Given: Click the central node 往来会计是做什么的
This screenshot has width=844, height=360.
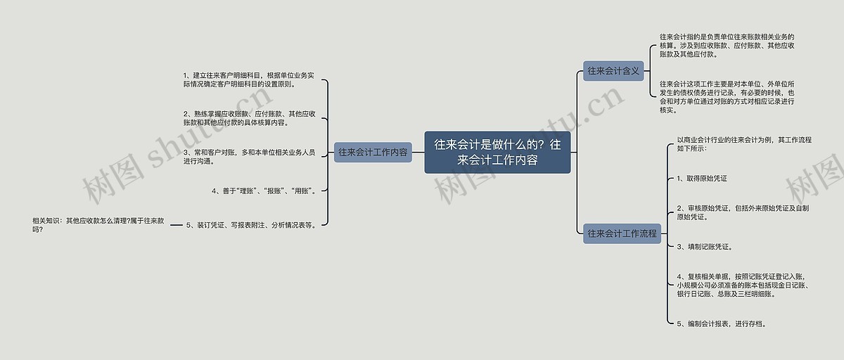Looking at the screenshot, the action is [x=497, y=152].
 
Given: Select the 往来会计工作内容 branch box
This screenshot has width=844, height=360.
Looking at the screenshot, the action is [x=373, y=152].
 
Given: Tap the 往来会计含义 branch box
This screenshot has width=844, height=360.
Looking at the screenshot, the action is [x=613, y=70].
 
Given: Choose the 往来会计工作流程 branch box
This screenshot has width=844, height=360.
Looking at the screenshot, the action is [x=622, y=233].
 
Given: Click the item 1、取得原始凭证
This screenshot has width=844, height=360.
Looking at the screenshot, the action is [x=702, y=179].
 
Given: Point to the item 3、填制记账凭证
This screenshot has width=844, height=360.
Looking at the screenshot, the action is [x=705, y=247].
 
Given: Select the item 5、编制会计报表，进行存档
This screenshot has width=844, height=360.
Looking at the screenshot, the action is [x=722, y=323].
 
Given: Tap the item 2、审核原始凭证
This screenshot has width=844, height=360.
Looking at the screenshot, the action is [x=743, y=212].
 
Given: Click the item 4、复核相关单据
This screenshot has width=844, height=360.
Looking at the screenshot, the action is [x=743, y=285].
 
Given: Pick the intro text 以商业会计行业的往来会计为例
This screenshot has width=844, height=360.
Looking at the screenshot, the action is [x=744, y=144].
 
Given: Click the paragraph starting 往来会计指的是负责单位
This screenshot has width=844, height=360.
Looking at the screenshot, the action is [x=727, y=45].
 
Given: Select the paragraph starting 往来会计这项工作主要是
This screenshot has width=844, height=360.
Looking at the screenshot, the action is [x=727, y=96].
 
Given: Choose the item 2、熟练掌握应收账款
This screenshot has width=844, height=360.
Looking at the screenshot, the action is [x=249, y=117].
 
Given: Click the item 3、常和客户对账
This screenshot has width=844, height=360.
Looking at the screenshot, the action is [x=249, y=156].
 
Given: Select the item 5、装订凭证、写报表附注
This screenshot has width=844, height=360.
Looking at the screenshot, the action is [x=250, y=226].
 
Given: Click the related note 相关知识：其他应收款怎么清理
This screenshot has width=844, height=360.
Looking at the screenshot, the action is [x=98, y=225].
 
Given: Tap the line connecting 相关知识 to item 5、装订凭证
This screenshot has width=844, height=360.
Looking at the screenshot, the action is [x=177, y=226].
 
